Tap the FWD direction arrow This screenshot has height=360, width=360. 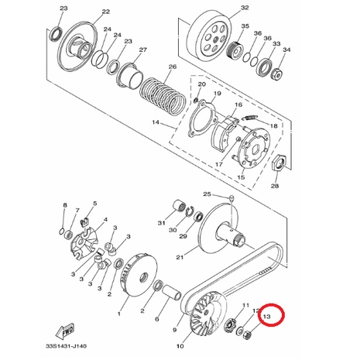tap(64, 331)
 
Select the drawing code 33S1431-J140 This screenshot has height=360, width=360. tap(67, 346)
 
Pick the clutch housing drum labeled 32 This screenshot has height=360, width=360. tap(210, 36)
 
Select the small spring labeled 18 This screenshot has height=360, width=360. tap(249, 118)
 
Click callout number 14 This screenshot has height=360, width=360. tap(156, 122)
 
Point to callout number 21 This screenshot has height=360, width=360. tap(180, 257)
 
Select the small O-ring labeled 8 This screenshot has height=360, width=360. tap(62, 231)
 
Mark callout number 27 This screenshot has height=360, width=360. tap(143, 50)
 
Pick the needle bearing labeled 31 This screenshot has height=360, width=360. tap(180, 207)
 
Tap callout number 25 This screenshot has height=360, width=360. tap(207, 194)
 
